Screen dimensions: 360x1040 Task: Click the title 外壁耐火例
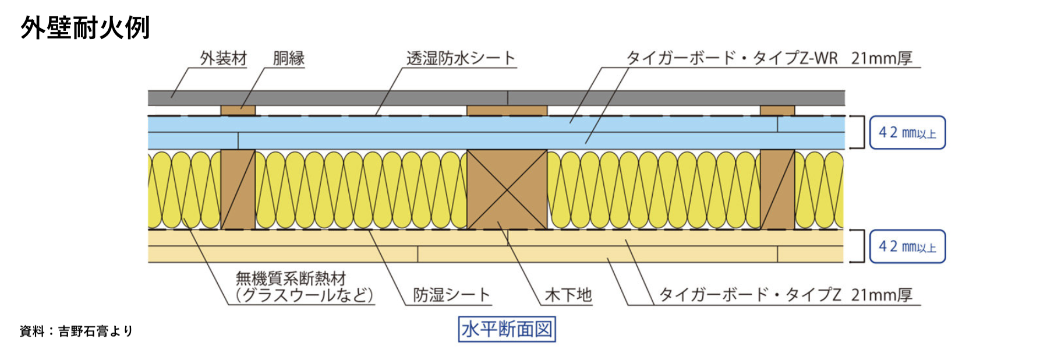tap(85, 27)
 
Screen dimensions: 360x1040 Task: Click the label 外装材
tap(223, 58)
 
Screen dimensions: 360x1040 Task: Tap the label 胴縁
tap(288, 58)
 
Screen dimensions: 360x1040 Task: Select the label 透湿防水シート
tap(461, 58)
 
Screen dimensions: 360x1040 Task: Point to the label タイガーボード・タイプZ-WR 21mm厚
tap(769, 58)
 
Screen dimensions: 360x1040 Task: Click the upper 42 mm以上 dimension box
tap(907, 133)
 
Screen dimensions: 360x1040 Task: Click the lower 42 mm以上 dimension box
tap(907, 246)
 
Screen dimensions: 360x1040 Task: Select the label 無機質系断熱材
tap(291, 278)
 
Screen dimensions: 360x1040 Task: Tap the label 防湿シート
tap(451, 295)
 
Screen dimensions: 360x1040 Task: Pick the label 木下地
tap(568, 295)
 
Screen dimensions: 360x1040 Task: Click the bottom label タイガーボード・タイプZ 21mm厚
tap(785, 295)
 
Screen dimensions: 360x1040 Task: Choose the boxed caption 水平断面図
tap(507, 329)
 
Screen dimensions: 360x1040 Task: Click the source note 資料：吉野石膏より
tap(76, 331)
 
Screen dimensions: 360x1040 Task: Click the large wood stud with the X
tap(507, 189)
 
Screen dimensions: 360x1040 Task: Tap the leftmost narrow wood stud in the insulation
tap(238, 189)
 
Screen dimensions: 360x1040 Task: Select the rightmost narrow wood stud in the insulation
tap(777, 189)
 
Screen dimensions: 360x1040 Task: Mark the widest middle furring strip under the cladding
tap(507, 110)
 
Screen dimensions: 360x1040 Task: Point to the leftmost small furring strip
tap(238, 110)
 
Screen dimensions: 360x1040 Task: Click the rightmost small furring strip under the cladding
tap(777, 110)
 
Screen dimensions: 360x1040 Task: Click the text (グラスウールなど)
tap(304, 295)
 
